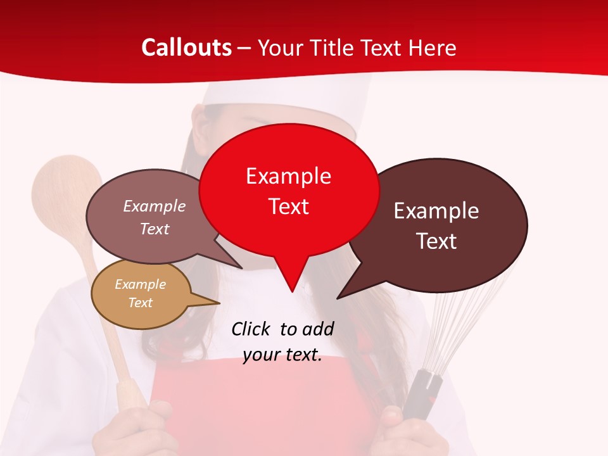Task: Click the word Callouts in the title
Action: [x=186, y=47]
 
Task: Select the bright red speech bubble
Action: [x=289, y=190]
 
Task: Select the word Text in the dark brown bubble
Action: [x=436, y=241]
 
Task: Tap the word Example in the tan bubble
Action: [x=141, y=284]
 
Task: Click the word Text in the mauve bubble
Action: [x=155, y=229]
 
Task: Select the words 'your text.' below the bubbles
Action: [x=282, y=355]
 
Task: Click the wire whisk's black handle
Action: [x=421, y=393]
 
